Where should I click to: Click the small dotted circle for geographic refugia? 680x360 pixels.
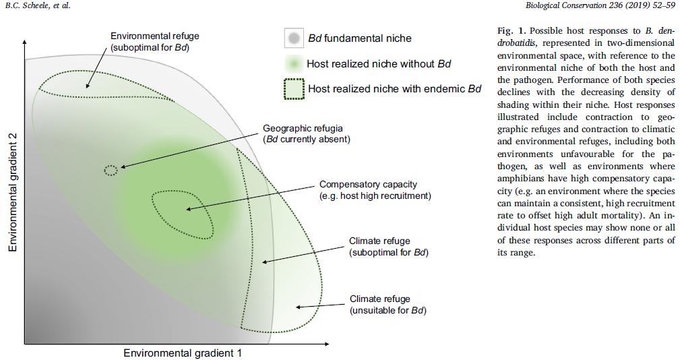(x=111, y=171)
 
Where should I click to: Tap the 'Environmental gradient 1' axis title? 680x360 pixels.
(x=183, y=353)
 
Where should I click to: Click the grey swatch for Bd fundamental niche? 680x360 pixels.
(x=294, y=38)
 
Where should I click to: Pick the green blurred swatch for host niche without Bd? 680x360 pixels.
(x=294, y=64)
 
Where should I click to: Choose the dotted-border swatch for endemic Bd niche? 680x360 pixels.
(x=294, y=89)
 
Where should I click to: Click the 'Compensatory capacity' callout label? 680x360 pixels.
(x=375, y=190)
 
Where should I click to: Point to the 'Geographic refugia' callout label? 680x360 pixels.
(x=307, y=134)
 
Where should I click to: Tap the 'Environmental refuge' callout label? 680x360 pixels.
(x=155, y=42)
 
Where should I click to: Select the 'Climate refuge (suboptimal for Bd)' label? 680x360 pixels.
(x=389, y=246)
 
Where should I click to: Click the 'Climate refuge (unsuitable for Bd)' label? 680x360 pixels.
(x=388, y=305)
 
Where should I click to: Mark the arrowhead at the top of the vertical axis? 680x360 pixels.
(x=25, y=42)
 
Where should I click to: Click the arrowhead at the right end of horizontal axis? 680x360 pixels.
(x=326, y=344)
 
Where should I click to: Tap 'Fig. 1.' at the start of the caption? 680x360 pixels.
(x=512, y=31)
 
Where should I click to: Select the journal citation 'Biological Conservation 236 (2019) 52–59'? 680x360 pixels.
(x=600, y=5)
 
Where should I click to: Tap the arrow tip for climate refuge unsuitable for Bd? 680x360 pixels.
(x=297, y=307)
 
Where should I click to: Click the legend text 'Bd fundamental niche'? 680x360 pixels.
(x=359, y=38)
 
